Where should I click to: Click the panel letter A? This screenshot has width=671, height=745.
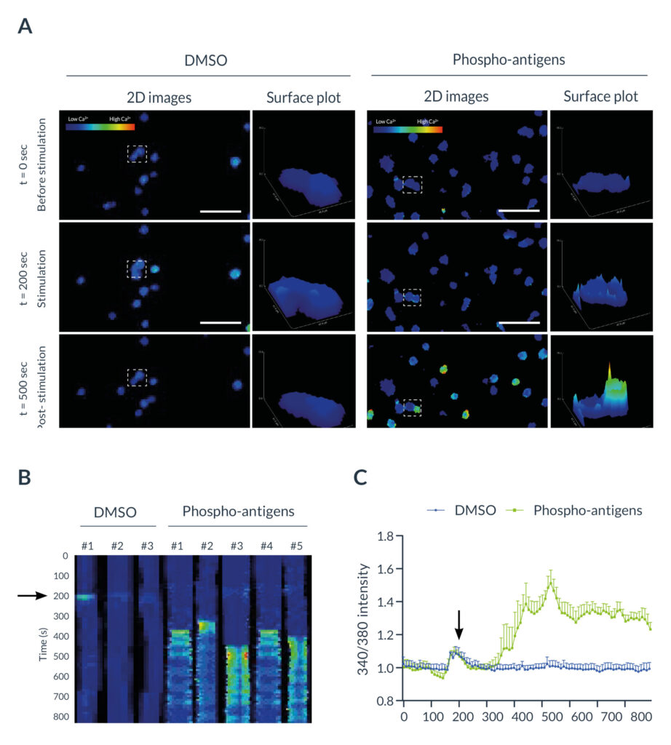coord(25,27)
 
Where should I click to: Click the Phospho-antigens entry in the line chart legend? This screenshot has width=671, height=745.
coord(579,510)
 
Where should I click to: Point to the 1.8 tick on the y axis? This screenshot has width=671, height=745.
coord(384,536)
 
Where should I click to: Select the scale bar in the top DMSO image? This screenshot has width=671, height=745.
coord(219,212)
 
